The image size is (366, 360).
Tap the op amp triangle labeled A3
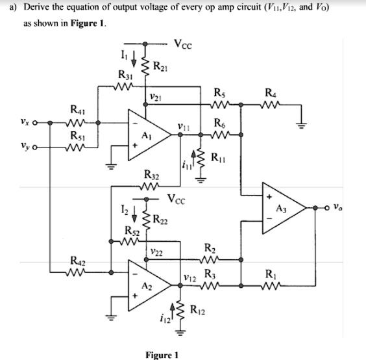[x=283, y=207]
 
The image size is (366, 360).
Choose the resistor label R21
[x=162, y=63]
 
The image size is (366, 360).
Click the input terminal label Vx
[x=23, y=120]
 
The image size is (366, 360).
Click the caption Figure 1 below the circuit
[x=162, y=354]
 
